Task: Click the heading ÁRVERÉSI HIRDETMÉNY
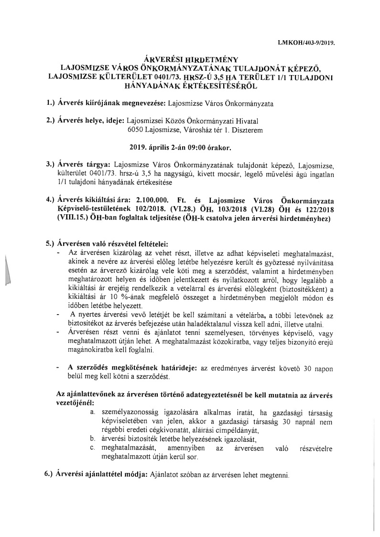pos(191,60)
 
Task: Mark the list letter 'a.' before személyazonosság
pos(93,412)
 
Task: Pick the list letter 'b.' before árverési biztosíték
pos(93,438)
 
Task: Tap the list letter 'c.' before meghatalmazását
pos(93,448)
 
